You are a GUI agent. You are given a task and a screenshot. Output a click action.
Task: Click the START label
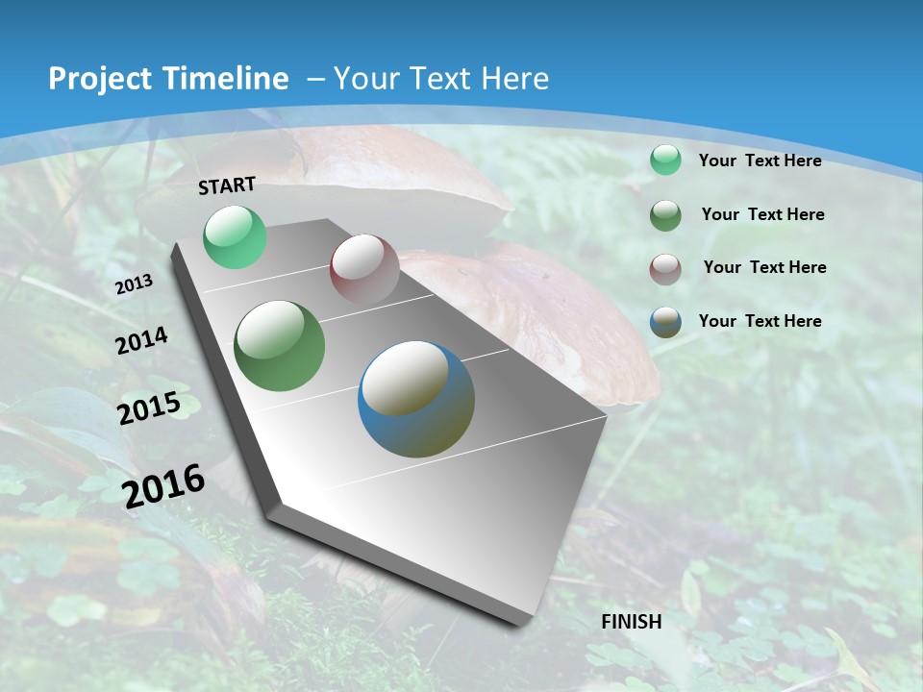tap(227, 185)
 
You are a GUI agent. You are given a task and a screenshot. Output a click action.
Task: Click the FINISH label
tap(632, 622)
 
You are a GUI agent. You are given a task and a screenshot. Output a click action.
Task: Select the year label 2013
tap(134, 284)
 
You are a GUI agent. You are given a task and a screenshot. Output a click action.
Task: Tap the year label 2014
tap(141, 340)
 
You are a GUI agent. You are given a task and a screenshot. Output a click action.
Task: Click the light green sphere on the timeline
tap(235, 236)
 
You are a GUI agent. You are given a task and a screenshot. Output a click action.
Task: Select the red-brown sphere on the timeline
tap(364, 270)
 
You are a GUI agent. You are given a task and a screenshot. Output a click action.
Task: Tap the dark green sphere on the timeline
tap(280, 346)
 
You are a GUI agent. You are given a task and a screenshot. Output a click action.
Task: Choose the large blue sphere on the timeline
tap(416, 399)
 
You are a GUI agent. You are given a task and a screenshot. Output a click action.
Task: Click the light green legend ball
tap(665, 161)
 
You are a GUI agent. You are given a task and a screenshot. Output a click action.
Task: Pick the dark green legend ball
tap(665, 215)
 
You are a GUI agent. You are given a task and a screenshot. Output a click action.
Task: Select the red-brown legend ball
tap(665, 268)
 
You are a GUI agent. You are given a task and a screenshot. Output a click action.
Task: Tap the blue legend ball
tap(665, 322)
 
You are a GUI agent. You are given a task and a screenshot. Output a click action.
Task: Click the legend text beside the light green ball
tap(760, 161)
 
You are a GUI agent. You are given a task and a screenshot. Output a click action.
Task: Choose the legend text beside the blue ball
tap(760, 321)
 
